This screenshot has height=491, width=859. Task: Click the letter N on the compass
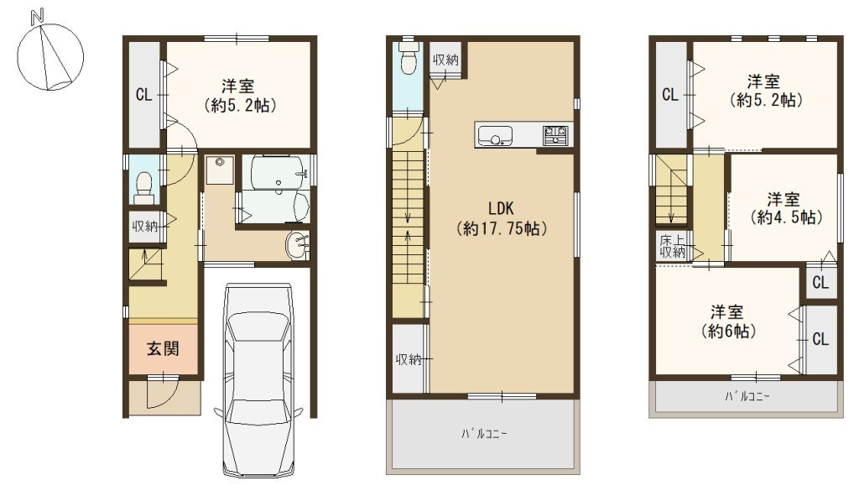(x=37, y=17)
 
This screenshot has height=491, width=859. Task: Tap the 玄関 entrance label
(x=163, y=348)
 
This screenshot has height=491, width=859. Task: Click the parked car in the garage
(x=258, y=381)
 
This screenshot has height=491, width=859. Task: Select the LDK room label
(x=501, y=208)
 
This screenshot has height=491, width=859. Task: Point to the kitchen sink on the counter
(x=495, y=136)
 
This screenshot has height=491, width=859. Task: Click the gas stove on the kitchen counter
(x=555, y=135)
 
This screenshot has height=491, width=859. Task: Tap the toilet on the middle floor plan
(x=409, y=58)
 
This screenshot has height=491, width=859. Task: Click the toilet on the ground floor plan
(x=144, y=184)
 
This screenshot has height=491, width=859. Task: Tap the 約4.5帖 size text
(x=786, y=217)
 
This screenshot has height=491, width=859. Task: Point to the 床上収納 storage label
(x=672, y=246)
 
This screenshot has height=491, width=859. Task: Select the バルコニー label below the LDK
(x=484, y=434)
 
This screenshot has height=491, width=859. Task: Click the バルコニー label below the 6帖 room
(x=747, y=395)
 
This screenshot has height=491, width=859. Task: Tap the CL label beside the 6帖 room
(x=820, y=339)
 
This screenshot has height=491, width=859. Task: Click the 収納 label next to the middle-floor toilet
(x=445, y=60)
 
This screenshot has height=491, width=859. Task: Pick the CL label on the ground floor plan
(x=143, y=95)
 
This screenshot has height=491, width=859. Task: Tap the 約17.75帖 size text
(x=502, y=228)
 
